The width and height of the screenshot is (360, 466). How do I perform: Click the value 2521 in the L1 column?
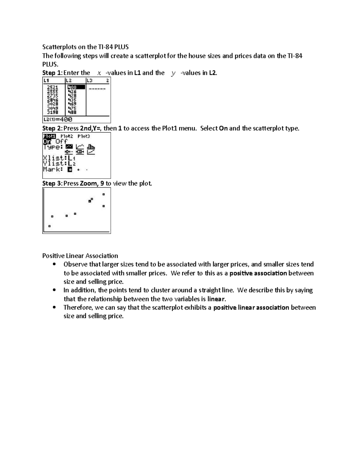(x=53, y=87)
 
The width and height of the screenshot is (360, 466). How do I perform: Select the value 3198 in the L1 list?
(x=53, y=112)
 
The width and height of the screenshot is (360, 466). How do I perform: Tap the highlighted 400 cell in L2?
(x=72, y=87)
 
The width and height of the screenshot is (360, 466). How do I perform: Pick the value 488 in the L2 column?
(x=72, y=112)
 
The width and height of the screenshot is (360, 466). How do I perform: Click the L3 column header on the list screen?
(x=90, y=80)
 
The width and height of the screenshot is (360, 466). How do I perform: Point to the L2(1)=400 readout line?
(x=58, y=119)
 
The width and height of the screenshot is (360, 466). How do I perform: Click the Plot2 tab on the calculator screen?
(x=67, y=136)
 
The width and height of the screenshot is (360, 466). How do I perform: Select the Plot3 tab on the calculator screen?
(x=84, y=136)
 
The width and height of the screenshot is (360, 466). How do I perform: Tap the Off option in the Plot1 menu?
(x=61, y=141)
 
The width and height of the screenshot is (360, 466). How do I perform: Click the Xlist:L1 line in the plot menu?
(x=59, y=158)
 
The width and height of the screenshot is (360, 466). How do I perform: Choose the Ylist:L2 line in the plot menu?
(x=59, y=164)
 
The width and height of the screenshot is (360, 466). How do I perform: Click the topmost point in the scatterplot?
(x=104, y=194)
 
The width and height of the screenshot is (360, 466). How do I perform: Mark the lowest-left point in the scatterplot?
(x=49, y=226)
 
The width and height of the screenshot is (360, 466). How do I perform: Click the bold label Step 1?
(x=52, y=73)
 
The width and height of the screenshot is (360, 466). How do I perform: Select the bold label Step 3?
(x=52, y=183)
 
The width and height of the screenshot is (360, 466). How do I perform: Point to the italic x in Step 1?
(x=99, y=73)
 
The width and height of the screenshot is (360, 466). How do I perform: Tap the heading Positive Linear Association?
(x=80, y=256)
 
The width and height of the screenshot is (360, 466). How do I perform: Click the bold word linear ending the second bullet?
(x=216, y=299)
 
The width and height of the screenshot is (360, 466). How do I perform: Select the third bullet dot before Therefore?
(x=54, y=307)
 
